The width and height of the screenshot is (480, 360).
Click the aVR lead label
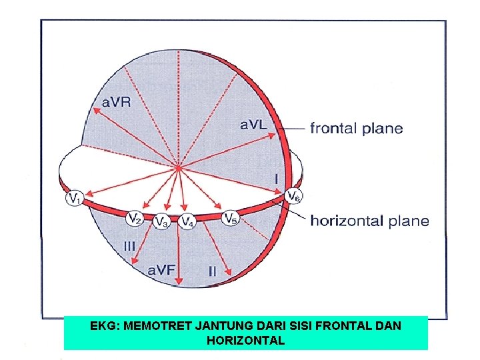coord(116,102)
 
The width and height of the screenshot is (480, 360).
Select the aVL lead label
coord(254,124)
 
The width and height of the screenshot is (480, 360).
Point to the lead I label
coord(276,179)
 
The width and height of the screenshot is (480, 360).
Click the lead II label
coord(212,271)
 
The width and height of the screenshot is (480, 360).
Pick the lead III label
coord(129,246)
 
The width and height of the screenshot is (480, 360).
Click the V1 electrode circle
coord(75,198)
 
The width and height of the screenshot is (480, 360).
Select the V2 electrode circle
coord(135,217)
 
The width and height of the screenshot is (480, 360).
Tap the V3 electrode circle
coord(161,221)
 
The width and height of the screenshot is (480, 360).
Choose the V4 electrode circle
coord(187,221)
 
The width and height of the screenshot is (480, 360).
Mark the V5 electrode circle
coord(230,217)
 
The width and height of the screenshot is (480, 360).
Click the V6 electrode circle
coord(293,196)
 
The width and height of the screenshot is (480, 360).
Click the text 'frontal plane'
coord(356,128)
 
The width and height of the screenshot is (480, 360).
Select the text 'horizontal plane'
coord(369,221)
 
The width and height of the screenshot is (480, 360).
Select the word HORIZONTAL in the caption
coord(246,340)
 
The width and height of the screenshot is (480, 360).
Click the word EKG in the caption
coord(102,327)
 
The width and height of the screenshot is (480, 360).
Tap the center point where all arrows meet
coord(178,166)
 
